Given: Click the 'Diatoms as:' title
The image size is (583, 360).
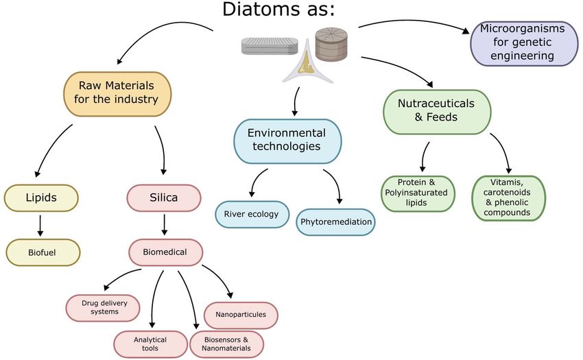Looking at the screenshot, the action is (278, 10).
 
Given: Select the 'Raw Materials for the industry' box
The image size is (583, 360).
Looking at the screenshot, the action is (117, 94).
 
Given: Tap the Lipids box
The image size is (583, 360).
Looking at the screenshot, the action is (41, 198).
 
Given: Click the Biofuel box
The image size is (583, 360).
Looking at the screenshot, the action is (43, 252).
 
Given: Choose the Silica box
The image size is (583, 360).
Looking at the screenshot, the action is (164, 198).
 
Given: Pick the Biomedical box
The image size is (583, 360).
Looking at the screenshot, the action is (166, 252).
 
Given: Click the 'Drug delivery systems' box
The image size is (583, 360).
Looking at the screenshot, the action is (103, 308).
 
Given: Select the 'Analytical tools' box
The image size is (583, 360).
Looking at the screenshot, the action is (151, 344).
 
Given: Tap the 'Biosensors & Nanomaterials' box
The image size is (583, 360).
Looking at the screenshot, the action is (227, 344).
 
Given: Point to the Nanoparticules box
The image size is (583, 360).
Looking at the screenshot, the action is (241, 315).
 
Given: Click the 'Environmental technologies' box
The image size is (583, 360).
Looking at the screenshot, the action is (287, 141).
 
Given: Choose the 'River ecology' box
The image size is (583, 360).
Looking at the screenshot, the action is (252, 215).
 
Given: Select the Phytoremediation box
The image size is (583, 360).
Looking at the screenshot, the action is (336, 222).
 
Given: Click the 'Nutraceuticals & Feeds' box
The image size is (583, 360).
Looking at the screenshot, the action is (437, 112).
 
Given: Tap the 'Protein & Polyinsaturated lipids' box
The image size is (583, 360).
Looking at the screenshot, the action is (418, 194).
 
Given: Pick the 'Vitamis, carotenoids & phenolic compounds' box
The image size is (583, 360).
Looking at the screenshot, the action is (509, 198).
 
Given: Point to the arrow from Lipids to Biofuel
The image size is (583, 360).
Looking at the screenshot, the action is (40, 226).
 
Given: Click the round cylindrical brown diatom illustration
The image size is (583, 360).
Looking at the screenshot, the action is (331, 44).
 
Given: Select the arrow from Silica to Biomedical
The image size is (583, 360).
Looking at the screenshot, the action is (165, 225).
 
